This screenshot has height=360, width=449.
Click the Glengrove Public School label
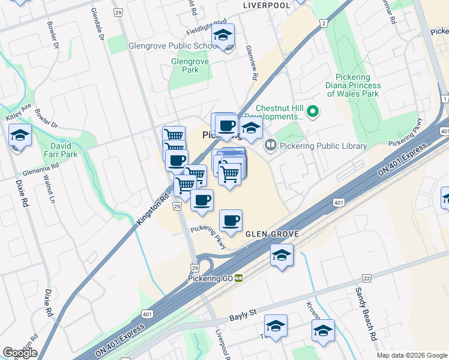click(173, 46)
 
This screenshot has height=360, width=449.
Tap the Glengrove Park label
click(184, 65)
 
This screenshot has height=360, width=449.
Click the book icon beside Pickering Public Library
click(271, 145)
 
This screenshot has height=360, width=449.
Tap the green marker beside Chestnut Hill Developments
click(312, 111)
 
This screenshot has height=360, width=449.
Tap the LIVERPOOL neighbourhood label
click(266, 5)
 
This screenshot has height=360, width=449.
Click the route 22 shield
click(367, 278)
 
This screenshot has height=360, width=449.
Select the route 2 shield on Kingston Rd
click(324, 23)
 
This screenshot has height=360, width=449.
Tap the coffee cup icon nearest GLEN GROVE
click(231, 220)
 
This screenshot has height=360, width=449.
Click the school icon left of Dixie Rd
click(20, 135)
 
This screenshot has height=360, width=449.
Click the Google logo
click(20, 353)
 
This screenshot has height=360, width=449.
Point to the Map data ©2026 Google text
click(411, 355)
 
